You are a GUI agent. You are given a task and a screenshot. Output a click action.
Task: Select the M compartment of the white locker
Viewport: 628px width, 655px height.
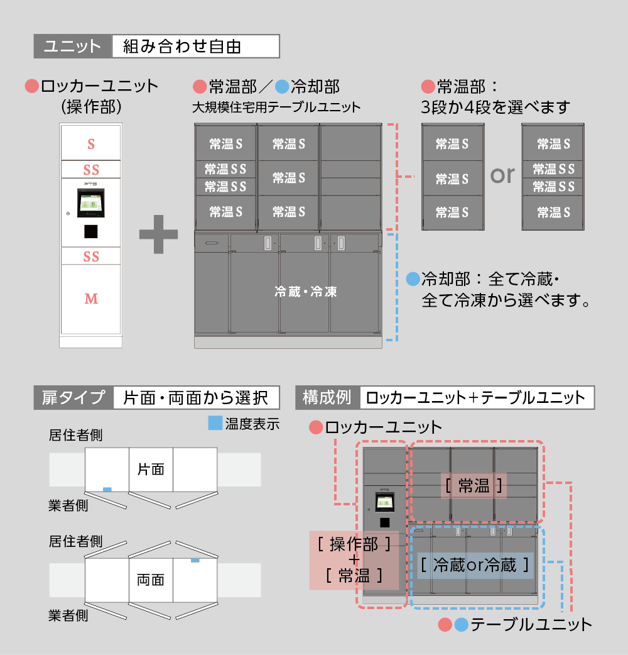click(x=91, y=299)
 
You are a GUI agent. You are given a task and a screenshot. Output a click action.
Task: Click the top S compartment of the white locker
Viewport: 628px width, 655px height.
click(x=91, y=144)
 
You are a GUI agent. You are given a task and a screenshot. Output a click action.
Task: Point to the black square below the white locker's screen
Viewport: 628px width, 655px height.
click(x=91, y=231)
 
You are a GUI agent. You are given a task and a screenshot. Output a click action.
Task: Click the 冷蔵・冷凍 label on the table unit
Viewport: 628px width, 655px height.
click(x=306, y=292)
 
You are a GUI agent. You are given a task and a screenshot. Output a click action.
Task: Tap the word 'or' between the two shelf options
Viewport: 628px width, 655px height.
click(x=502, y=174)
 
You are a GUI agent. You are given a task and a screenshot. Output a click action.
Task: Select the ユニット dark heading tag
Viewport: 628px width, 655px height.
click(x=73, y=47)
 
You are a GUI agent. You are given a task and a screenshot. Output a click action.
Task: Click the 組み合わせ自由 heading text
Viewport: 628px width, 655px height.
click(x=182, y=47)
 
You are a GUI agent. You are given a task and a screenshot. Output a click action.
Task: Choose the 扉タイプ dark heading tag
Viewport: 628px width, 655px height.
click(x=73, y=397)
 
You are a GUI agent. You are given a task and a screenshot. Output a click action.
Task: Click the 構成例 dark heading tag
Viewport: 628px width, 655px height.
click(x=327, y=397)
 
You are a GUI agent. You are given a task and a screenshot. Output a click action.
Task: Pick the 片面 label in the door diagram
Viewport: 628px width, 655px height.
click(x=151, y=469)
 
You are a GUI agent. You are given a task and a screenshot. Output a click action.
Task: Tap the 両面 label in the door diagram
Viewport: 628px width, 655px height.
click(x=151, y=579)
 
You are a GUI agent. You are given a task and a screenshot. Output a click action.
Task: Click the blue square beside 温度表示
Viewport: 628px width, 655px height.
click(x=215, y=424)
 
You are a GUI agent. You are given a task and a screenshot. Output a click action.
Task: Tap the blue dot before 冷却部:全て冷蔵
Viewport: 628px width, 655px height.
click(x=413, y=278)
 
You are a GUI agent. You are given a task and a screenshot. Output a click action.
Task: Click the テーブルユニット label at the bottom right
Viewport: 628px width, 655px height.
click(x=531, y=624)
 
